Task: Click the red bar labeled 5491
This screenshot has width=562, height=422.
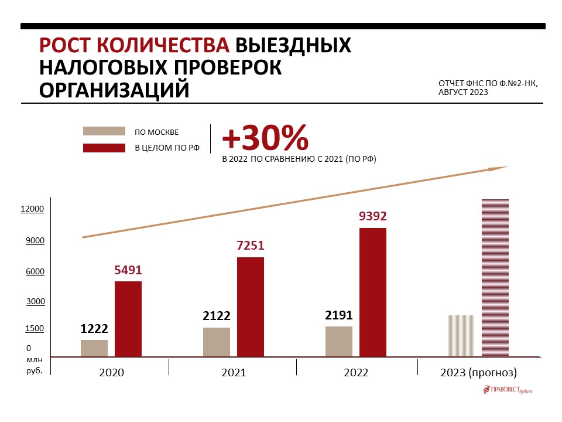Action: coord(128,319)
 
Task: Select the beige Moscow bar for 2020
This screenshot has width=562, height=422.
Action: coord(94,348)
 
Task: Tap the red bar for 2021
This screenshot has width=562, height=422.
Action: coord(251,307)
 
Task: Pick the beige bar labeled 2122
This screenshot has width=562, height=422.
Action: coord(217,342)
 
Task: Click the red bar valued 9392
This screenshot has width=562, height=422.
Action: coord(373,292)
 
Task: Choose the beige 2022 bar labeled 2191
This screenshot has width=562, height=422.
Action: coord(339,341)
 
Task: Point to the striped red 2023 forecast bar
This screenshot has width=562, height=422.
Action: coord(495,278)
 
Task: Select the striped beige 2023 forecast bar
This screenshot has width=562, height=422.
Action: coord(461,336)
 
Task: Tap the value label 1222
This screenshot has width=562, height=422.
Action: coord(94,329)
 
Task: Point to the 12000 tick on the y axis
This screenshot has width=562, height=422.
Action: coord(32,209)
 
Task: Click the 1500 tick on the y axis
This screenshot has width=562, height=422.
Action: coord(35,329)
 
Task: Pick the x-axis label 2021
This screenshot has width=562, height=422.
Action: coord(234,373)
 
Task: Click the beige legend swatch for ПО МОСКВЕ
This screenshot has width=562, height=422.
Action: coord(104,131)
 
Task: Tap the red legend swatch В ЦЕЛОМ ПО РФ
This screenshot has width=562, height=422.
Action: coord(104,148)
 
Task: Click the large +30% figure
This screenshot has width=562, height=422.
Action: coord(265,138)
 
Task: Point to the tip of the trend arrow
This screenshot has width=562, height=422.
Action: coord(506,167)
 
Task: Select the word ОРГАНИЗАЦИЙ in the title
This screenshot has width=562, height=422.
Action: coord(114,90)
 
